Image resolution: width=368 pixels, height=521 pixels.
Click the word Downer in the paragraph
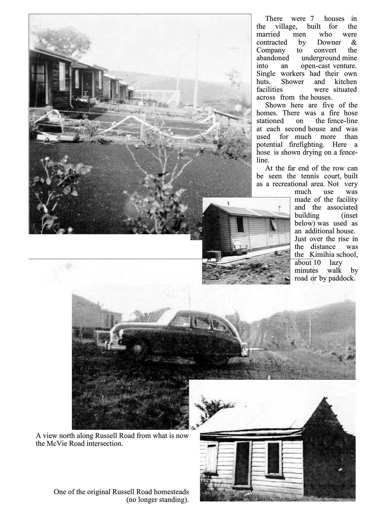[x=329, y=43]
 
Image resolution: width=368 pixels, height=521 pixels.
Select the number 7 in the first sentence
[x=312, y=19]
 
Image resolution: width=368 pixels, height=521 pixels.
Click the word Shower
[x=292, y=82]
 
